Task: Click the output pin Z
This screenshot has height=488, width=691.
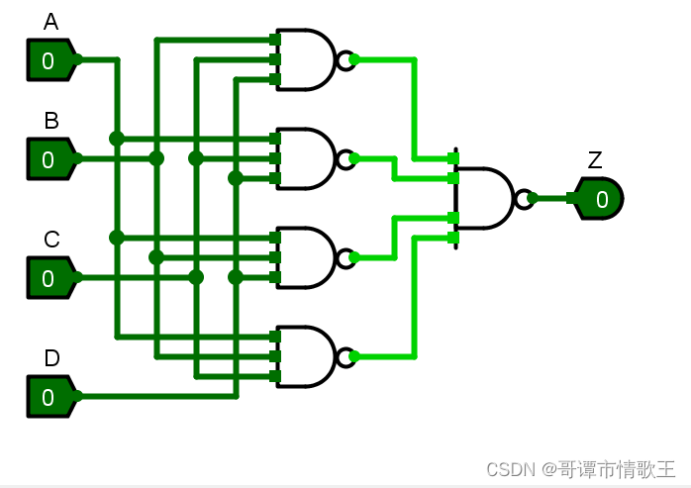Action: click(599, 198)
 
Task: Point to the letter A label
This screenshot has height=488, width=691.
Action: click(50, 22)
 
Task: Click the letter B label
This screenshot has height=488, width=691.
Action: click(50, 121)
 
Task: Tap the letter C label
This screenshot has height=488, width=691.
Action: click(50, 240)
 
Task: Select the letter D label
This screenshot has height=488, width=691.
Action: click(50, 358)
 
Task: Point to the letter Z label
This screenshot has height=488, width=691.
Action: click(594, 160)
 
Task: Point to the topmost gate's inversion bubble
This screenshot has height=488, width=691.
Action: click(345, 59)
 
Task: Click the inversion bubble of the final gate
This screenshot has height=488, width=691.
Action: click(523, 198)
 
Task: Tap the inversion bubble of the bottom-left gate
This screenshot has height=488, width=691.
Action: click(345, 356)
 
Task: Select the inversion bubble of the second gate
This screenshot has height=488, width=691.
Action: click(345, 158)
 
